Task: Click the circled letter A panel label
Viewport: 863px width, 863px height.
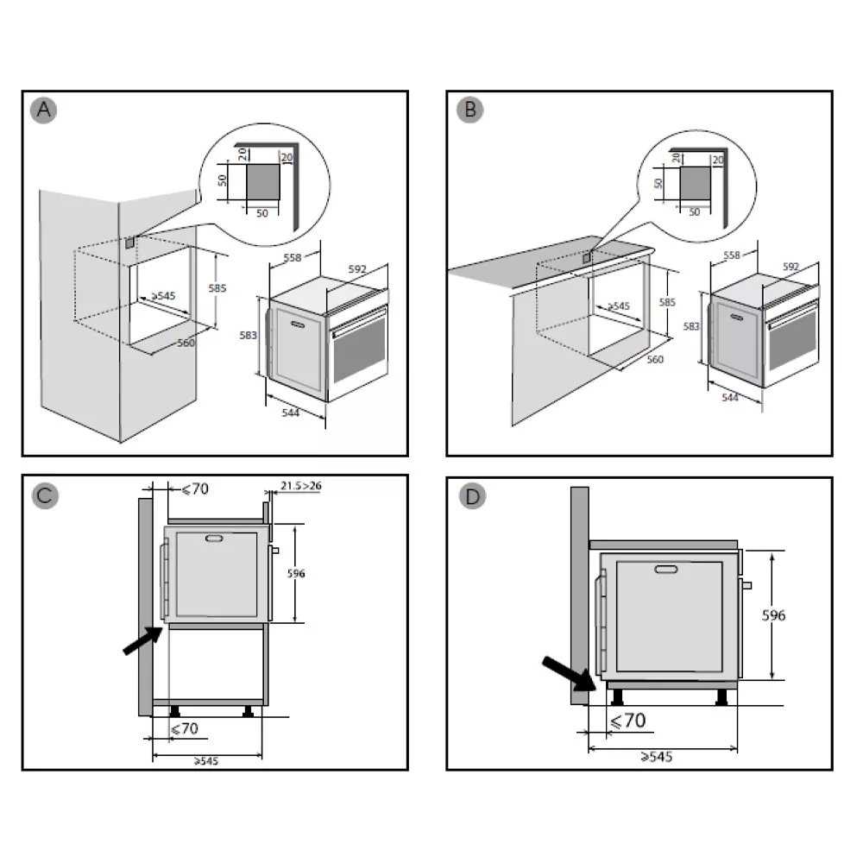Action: pos(44,110)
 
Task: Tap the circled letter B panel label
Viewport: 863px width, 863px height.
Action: pos(469,110)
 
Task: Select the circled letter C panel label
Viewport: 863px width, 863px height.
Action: pos(44,497)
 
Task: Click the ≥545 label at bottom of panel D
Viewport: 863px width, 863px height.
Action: pos(657,757)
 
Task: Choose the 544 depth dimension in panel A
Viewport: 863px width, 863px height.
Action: pos(291,413)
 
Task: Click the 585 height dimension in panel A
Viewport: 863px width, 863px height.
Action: pos(217,288)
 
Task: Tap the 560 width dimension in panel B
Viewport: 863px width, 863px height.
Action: pos(655,359)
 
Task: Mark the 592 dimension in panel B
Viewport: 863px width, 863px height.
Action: pos(791,268)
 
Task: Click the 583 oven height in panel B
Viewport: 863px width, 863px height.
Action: pos(690,326)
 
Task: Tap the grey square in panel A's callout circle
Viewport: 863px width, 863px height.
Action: pos(263,184)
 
